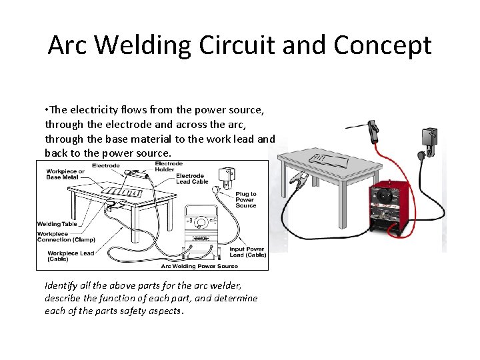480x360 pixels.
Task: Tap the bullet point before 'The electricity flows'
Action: click(47, 109)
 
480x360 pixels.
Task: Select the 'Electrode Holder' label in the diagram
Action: click(169, 167)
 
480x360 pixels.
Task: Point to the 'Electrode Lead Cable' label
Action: click(192, 179)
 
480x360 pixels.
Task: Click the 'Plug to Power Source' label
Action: click(245, 200)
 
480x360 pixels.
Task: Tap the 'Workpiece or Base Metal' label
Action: click(65, 175)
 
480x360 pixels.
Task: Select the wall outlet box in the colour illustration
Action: click(429, 139)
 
